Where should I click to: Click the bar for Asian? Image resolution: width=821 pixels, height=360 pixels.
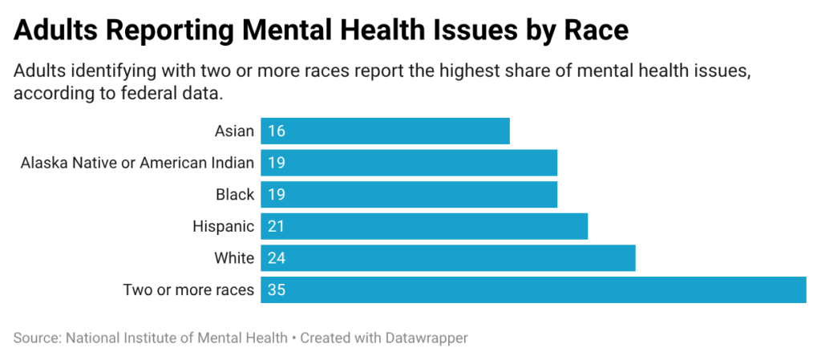pyautogui.click(x=385, y=131)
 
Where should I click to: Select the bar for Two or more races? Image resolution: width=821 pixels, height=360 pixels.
pyautogui.click(x=533, y=289)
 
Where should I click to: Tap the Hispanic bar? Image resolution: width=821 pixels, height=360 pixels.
pyautogui.click(x=424, y=226)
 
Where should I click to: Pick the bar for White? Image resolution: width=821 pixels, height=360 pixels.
pyautogui.click(x=447, y=258)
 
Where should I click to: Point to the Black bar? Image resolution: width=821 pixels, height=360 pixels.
pyautogui.click(x=409, y=195)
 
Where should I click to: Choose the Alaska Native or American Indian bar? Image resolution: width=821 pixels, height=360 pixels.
pyautogui.click(x=409, y=163)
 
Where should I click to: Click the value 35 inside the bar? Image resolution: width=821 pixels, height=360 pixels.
pyautogui.click(x=277, y=289)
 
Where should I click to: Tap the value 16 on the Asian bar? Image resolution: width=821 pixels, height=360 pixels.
pyautogui.click(x=277, y=131)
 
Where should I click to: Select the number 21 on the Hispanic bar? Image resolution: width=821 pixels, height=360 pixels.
pyautogui.click(x=277, y=226)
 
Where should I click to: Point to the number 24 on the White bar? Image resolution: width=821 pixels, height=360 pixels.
pyautogui.click(x=277, y=258)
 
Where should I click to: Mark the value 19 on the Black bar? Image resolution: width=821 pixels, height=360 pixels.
pyautogui.click(x=277, y=195)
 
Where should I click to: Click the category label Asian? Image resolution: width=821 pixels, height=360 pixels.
pyautogui.click(x=234, y=131)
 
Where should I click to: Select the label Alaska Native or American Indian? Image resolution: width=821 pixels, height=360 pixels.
pyautogui.click(x=137, y=163)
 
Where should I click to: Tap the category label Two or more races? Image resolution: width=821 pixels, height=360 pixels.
pyautogui.click(x=188, y=289)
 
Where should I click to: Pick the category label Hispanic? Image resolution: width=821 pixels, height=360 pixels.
pyautogui.click(x=224, y=226)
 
